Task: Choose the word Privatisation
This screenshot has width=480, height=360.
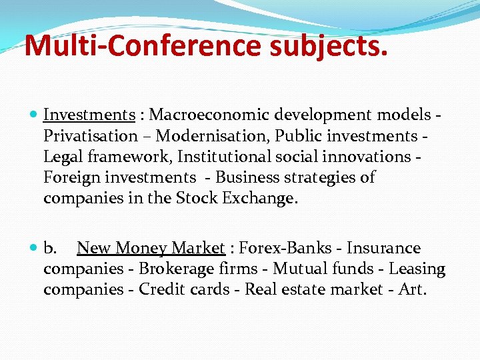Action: (x=90, y=136)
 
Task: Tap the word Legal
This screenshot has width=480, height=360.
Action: (x=61, y=157)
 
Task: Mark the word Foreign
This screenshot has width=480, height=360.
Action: (x=69, y=177)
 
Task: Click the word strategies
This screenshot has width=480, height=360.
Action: (x=315, y=177)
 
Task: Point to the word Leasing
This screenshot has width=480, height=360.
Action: (x=417, y=269)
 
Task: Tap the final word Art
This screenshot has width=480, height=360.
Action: (x=412, y=290)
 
